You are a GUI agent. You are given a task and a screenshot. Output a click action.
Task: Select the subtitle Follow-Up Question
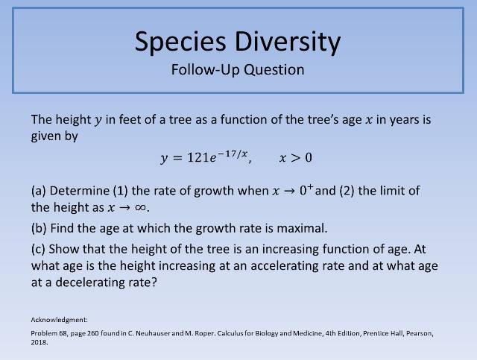(x=238, y=70)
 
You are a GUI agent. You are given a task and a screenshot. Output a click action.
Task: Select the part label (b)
(x=41, y=227)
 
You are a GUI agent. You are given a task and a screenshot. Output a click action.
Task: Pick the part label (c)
(x=40, y=247)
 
